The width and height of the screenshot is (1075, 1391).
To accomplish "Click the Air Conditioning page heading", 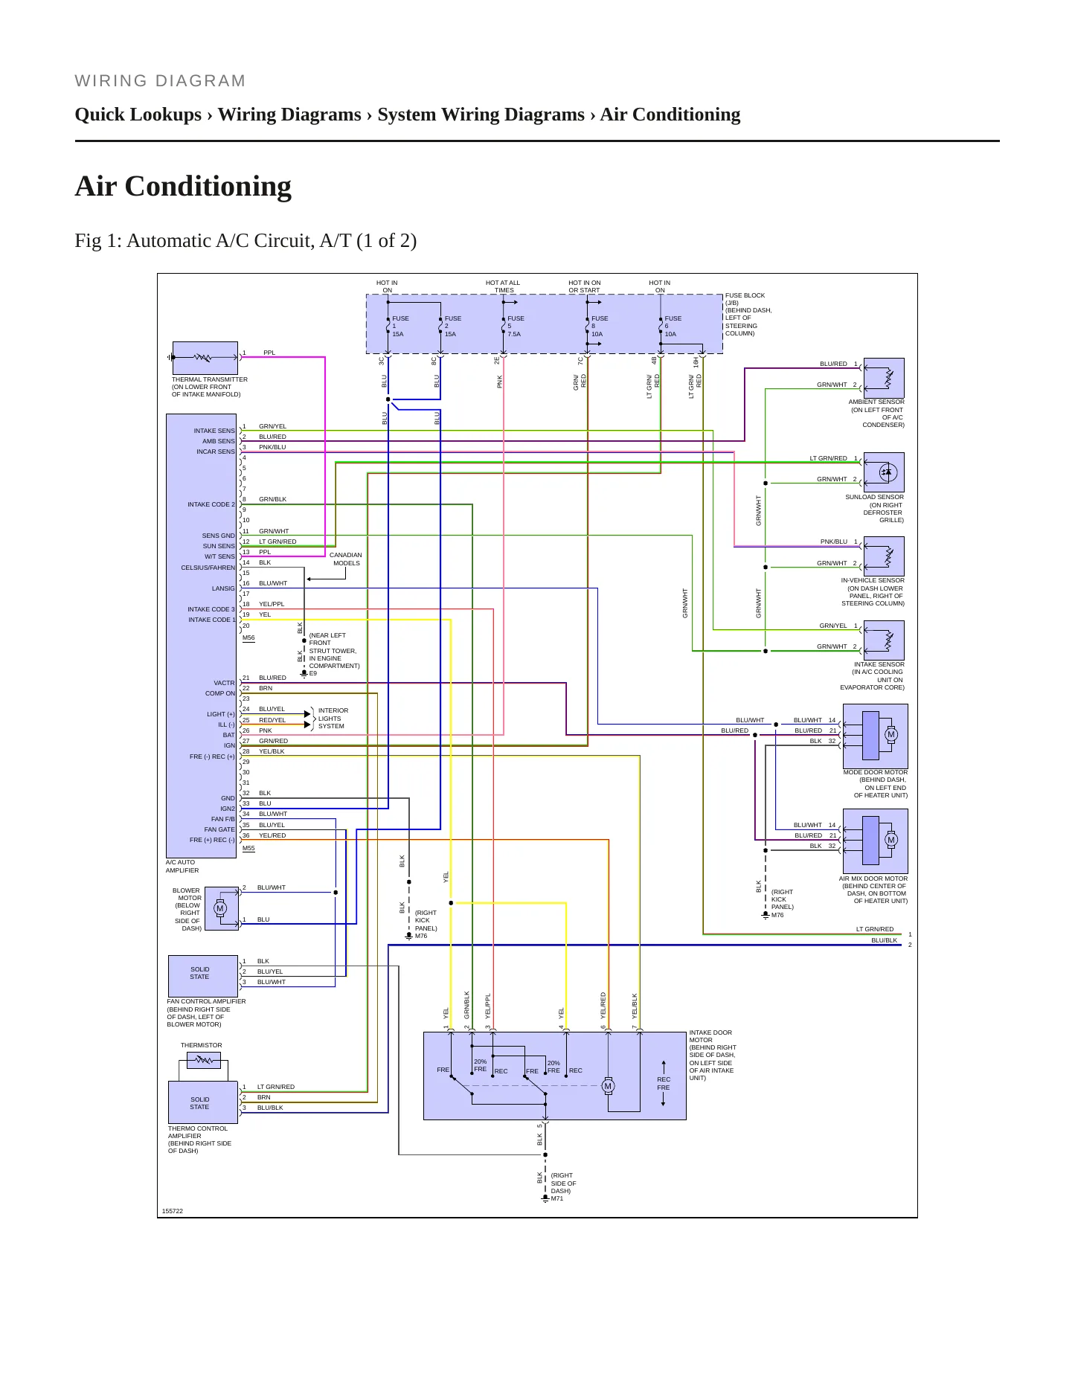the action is pos(183,186).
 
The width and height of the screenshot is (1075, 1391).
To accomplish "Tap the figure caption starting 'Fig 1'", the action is pos(246,241).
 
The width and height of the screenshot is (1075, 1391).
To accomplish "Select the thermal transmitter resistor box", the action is pos(205,358).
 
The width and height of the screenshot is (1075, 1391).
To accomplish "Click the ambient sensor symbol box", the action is pos(884,378).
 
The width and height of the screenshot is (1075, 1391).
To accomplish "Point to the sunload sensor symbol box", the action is pos(884,472).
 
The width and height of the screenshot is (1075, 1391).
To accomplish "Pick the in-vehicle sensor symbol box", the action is pos(884,556).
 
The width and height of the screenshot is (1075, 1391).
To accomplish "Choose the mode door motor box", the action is pos(875,736).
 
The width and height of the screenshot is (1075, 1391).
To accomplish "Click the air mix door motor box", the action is pos(875,841).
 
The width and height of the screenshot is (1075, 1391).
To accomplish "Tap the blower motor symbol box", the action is pos(221,908).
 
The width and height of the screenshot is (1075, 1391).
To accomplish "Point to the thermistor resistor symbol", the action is pos(203,1061).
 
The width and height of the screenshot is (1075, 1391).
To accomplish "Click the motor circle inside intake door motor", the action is pos(608,1086).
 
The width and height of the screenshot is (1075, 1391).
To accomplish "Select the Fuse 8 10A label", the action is pos(599,327).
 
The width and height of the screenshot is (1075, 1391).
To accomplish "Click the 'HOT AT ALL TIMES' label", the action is pos(503,286).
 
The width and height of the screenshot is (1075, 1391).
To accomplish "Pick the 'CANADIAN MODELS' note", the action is pos(346,559).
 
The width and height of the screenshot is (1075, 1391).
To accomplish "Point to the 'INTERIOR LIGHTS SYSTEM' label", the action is pos(333,719).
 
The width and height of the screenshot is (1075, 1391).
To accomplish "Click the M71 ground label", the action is pos(557,1198).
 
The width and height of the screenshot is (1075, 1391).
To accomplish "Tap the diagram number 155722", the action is pos(173,1211).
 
